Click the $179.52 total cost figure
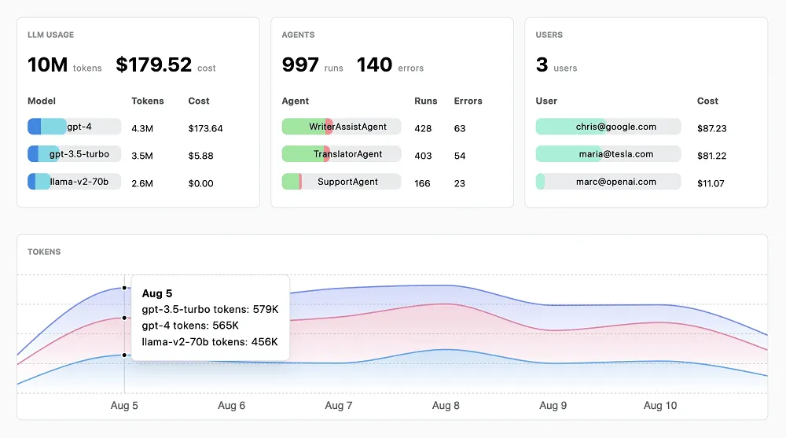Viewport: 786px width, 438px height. point(153,65)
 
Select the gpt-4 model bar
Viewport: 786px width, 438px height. point(74,127)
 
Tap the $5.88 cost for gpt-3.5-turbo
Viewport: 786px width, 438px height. point(200,156)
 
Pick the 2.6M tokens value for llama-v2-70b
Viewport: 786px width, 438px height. point(142,183)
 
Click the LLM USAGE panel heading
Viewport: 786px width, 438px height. point(50,35)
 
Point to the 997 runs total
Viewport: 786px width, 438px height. point(300,65)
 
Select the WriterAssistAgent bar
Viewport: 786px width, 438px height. point(341,127)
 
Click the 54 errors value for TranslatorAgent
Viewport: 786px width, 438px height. point(460,156)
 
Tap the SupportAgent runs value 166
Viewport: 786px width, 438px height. point(423,183)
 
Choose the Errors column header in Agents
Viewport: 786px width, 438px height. point(468,101)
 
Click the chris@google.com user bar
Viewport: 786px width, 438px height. point(608,127)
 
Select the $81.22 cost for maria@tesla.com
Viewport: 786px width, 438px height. point(711,156)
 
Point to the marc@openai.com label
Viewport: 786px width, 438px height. point(615,182)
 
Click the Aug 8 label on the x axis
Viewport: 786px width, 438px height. point(446,406)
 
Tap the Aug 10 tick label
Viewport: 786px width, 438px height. point(659,406)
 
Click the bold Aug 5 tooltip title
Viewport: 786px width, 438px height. point(157,293)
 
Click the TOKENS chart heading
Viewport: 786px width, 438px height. point(44,252)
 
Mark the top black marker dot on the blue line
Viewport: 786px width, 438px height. point(124,288)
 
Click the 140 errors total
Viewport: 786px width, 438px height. point(374,65)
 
